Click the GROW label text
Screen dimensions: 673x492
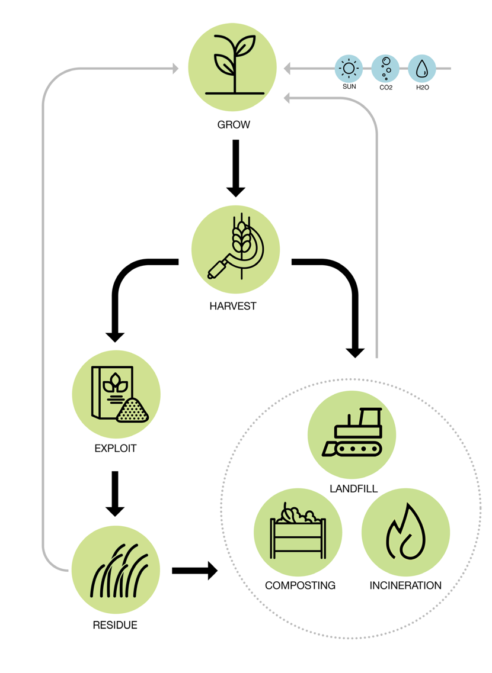234,125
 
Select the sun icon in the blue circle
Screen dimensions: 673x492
349,69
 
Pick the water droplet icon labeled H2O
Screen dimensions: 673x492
422,69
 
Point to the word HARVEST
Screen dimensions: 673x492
233,306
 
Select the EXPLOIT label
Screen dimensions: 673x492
115,448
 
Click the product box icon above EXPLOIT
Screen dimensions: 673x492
117,394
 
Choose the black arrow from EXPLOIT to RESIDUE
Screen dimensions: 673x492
115,493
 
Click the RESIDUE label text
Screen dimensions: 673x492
115,625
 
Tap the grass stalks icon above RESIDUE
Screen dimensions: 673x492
116,571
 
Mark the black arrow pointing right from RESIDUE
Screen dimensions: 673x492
194,571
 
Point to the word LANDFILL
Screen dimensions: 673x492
354,489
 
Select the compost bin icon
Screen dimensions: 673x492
298,532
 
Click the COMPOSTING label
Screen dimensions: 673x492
300,585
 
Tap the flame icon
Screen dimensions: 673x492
405,532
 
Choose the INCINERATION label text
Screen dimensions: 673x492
405,585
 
